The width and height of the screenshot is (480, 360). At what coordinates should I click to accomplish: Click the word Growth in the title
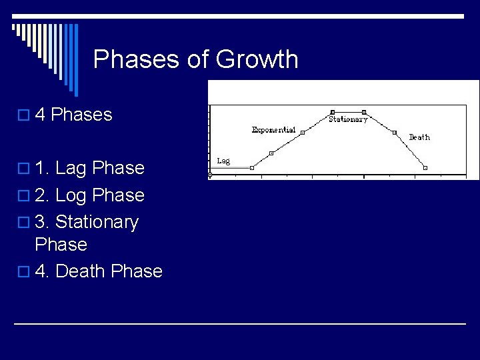point(257,59)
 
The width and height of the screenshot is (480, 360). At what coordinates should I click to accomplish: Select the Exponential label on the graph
point(273,130)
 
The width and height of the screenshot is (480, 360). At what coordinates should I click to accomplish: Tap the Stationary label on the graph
point(348,120)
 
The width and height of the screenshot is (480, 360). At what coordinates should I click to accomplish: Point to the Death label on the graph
point(419,137)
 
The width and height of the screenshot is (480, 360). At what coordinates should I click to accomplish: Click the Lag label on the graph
point(224,161)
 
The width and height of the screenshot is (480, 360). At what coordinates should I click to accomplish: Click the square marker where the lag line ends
point(252,168)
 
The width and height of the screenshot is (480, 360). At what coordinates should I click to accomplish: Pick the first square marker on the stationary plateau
point(333,112)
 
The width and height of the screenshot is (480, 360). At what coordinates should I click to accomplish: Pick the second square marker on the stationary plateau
point(364,112)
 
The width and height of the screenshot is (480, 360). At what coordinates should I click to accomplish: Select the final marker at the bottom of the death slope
point(425,167)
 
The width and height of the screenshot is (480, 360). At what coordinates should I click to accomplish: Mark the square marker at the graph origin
point(210,176)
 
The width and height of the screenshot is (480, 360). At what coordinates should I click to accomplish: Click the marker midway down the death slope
point(395,132)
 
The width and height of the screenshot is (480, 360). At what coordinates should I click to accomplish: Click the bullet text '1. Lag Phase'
point(89,168)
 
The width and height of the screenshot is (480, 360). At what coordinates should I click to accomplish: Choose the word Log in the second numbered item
point(71,195)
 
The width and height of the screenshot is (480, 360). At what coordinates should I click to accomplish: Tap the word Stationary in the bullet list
point(97,222)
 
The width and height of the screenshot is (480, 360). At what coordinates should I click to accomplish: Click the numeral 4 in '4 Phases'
point(39,115)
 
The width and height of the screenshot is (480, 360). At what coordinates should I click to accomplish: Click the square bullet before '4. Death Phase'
point(21,272)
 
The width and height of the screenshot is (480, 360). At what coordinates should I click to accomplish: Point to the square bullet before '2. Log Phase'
point(21,196)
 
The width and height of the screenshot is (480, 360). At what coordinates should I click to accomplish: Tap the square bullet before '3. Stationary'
point(21,223)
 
